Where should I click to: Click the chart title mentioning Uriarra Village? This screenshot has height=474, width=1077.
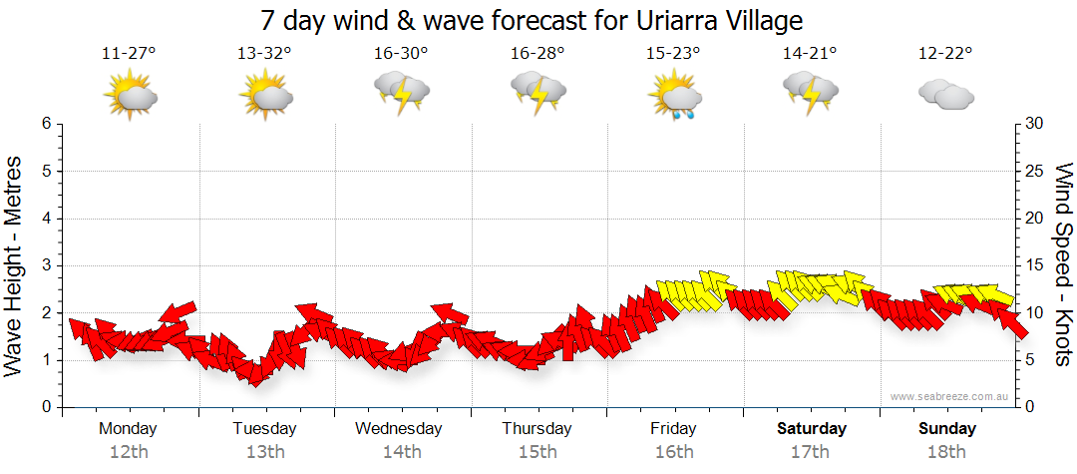532,20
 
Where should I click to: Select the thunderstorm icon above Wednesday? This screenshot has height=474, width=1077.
401,96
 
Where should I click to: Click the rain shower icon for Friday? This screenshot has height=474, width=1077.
673,98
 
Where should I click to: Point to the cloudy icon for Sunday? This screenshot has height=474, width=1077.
945,96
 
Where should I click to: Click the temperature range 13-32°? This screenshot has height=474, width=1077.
264,54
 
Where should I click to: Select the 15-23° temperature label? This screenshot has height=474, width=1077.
673,54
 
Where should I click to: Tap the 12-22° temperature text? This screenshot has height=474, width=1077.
945,54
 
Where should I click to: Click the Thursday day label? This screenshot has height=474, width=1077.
537,428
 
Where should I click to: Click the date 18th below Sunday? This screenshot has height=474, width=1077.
945,451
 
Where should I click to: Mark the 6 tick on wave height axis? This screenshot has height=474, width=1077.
46,124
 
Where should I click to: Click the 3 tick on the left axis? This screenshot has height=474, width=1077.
46,265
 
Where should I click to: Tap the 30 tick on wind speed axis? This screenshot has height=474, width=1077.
1035,124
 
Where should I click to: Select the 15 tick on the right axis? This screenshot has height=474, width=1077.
1035,265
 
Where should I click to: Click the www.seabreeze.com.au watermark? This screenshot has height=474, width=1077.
950,396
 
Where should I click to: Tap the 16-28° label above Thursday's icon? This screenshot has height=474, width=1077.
537,54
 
